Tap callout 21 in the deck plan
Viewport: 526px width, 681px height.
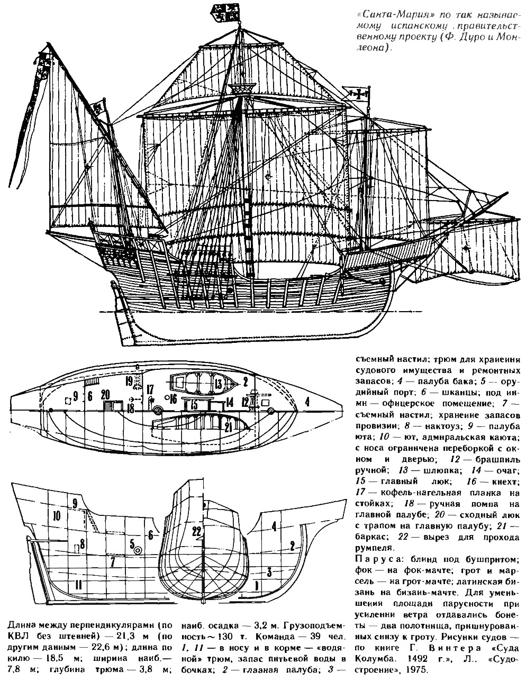click(229, 426)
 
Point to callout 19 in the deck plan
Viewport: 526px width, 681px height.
click(129, 382)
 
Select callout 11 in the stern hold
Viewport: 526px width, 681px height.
click(78, 585)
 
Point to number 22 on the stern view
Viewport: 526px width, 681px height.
click(197, 531)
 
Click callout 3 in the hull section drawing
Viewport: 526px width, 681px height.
click(270, 571)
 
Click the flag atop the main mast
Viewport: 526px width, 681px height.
click(223, 13)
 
